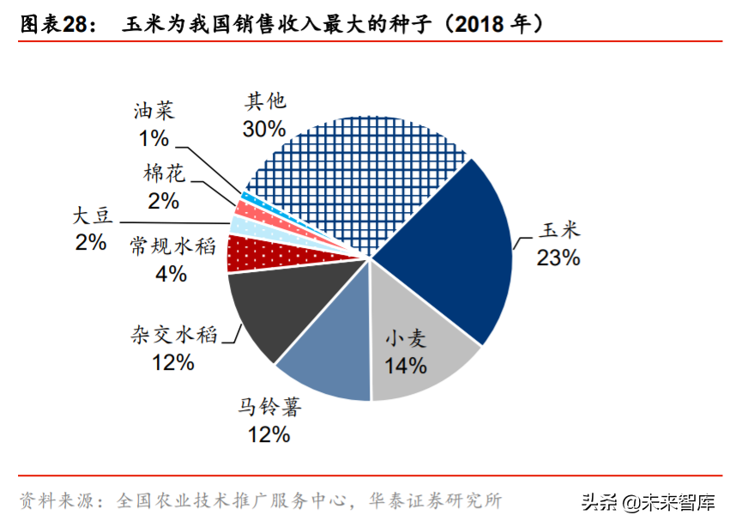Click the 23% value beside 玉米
tap(558, 257)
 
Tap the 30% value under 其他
tap(264, 130)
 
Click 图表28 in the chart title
tap(54, 25)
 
